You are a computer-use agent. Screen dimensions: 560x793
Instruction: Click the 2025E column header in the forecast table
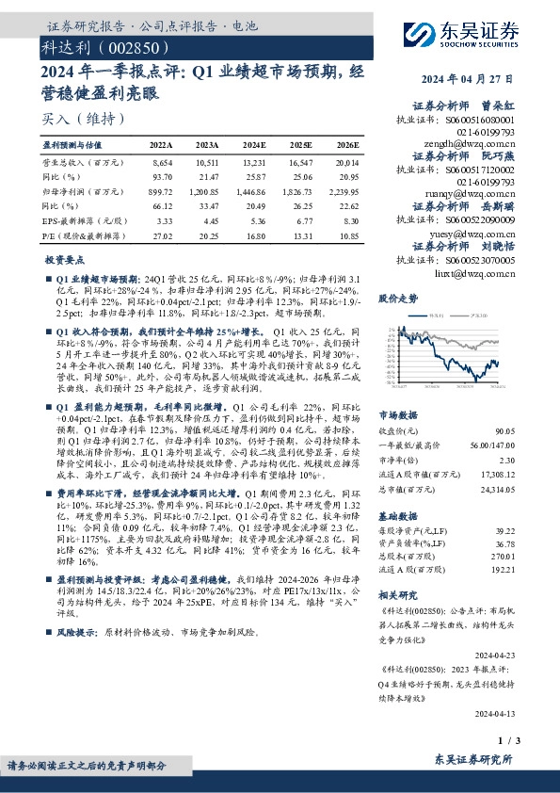click(x=300, y=145)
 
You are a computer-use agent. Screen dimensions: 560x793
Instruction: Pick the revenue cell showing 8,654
click(x=162, y=163)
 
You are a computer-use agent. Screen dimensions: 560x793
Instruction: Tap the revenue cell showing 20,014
click(x=346, y=163)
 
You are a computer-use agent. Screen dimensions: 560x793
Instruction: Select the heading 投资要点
click(x=64, y=258)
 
